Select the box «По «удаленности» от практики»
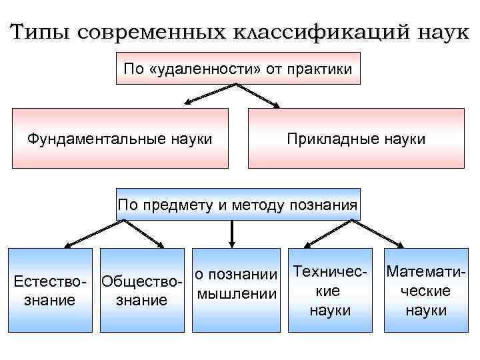pos(238,68)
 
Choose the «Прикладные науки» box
pos(355,139)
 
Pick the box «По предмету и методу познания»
pos(238,204)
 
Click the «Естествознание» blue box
pos(50,291)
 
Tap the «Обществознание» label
pos(141,291)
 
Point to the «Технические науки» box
pos(331,291)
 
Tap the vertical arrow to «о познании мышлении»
pos(231,233)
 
